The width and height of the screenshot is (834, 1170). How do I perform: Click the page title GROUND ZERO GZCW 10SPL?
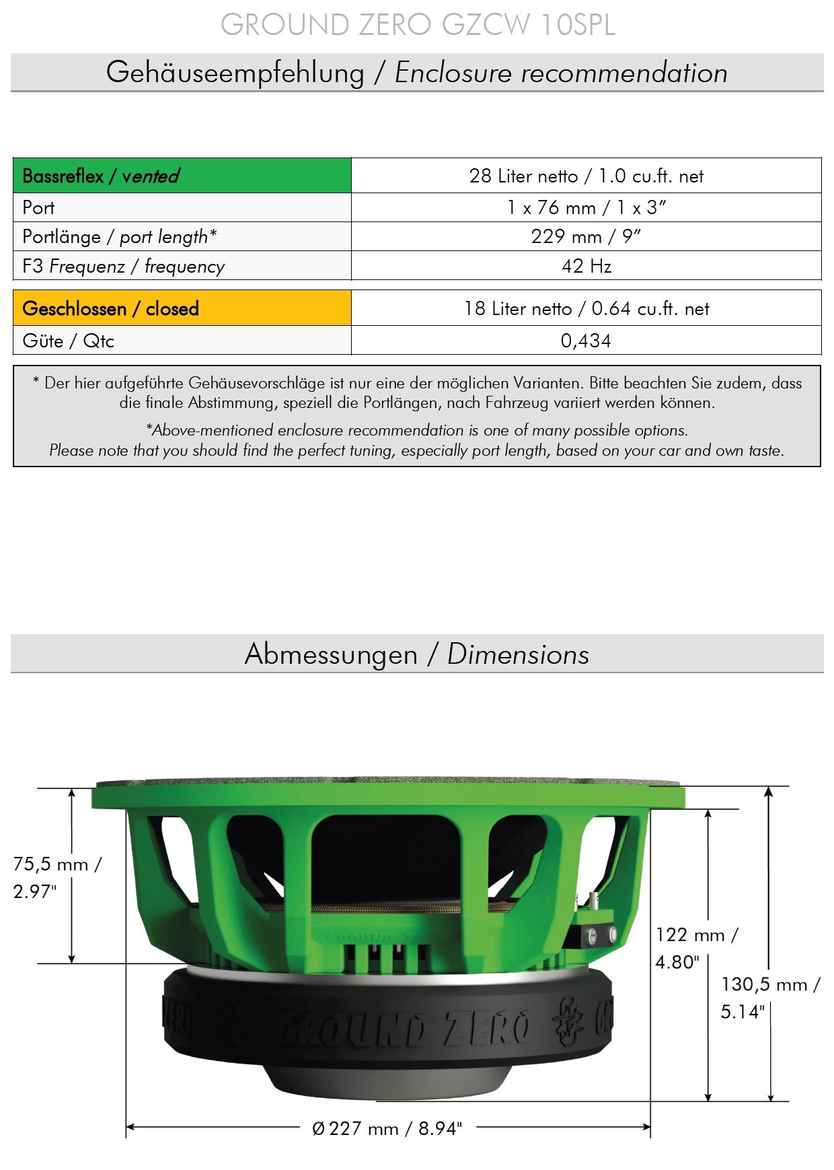(418, 25)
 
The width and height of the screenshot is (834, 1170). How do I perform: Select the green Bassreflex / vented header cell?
(182, 176)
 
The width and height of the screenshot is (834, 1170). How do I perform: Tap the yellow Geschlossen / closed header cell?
(182, 308)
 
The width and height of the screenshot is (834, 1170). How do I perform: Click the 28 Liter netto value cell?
(586, 176)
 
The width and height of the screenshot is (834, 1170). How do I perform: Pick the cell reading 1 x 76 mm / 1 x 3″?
(586, 207)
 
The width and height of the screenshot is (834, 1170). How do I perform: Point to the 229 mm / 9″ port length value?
(586, 236)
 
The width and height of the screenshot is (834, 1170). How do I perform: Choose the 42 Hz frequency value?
(586, 266)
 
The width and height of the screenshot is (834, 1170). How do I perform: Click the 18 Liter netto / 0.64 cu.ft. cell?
(586, 308)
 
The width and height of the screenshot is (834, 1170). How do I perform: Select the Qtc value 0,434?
(586, 341)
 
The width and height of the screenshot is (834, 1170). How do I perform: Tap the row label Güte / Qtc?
(68, 341)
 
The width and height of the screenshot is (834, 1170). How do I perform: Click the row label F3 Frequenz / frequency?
(123, 266)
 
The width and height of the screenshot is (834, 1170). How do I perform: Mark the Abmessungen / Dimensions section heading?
(417, 654)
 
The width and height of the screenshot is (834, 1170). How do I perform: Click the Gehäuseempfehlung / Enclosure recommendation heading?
(417, 73)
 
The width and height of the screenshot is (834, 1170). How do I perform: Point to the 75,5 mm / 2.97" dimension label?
(56, 877)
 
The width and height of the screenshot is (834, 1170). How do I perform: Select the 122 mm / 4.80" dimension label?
(695, 948)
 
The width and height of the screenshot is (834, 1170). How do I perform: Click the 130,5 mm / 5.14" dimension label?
(769, 997)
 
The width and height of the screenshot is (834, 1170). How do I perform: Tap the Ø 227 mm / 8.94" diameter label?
(387, 1128)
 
